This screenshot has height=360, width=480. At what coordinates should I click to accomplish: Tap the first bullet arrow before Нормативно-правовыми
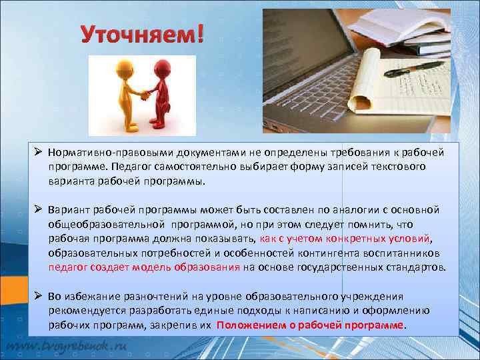pyautogui.click(x=39, y=153)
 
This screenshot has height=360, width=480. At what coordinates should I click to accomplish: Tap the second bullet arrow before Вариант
pyautogui.click(x=39, y=209)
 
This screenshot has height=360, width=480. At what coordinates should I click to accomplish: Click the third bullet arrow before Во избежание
pyautogui.click(x=39, y=296)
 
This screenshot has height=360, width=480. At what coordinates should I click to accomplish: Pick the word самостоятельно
pyautogui.click(x=195, y=167)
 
